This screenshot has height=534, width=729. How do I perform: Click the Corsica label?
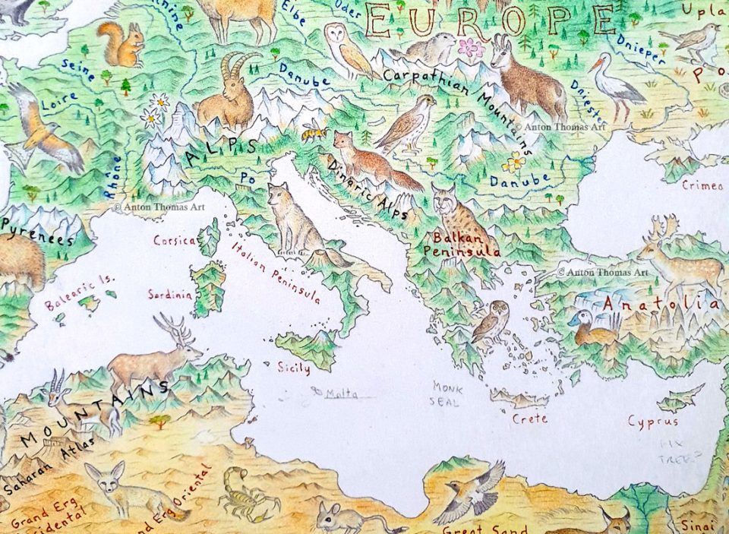175,241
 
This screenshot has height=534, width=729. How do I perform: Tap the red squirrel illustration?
123,45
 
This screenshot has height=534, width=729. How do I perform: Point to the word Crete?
530,419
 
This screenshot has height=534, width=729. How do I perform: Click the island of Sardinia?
207,289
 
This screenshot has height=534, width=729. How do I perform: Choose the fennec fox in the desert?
125,490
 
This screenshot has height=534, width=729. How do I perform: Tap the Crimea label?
697,185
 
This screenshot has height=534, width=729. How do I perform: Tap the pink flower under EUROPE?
471,48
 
